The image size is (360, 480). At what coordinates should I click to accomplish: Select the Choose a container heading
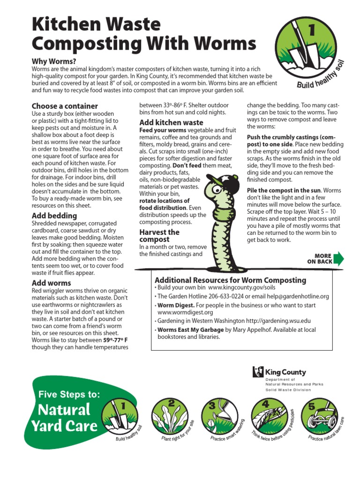(65, 106)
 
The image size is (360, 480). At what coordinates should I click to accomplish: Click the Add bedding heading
(54, 216)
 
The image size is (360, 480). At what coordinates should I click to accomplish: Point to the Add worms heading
(52, 283)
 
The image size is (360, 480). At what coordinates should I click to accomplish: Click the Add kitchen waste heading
(172, 122)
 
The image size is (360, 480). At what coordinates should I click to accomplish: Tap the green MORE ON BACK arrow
(338, 259)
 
